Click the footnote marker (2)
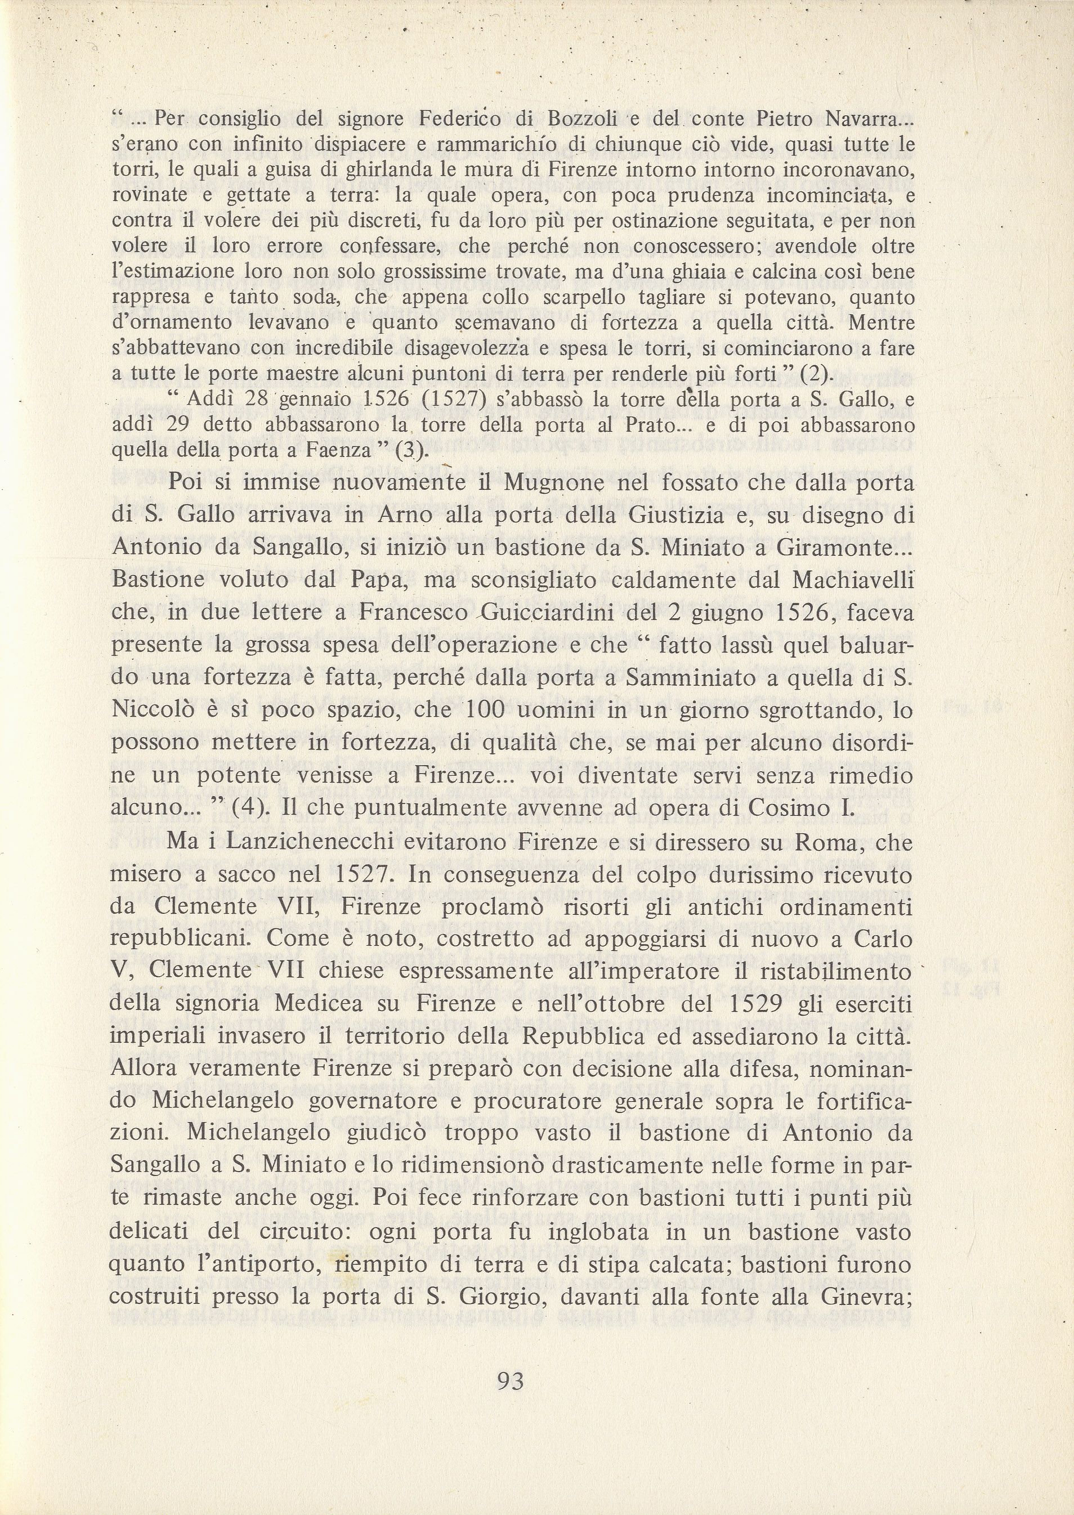(x=813, y=375)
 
